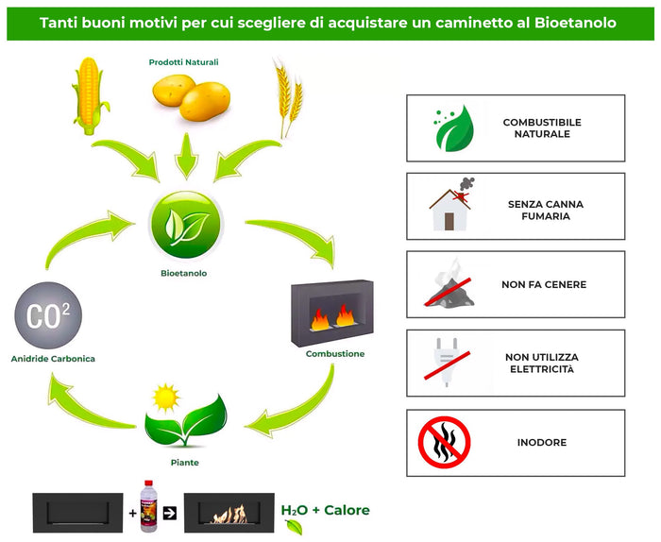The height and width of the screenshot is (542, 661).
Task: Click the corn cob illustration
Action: coord(87,94)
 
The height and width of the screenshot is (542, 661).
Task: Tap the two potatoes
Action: coord(190,97)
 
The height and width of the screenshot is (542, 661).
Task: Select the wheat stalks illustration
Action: coord(287,96)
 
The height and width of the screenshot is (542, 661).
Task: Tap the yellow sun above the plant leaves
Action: coord(167,395)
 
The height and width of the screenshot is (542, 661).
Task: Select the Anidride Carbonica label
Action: coord(53,359)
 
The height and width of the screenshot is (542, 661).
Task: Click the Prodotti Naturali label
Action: coord(184,62)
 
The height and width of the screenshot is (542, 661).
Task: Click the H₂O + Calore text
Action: coord(326,511)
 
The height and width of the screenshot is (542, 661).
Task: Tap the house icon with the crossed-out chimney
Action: coord(451,205)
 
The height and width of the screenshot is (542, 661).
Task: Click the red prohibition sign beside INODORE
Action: coord(444,442)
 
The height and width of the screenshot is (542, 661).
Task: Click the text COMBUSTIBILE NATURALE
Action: coord(542,128)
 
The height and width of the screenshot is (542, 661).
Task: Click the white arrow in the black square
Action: coord(170,514)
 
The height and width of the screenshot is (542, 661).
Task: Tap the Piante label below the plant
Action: coord(186,463)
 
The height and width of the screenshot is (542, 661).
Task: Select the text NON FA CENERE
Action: coord(543,284)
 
